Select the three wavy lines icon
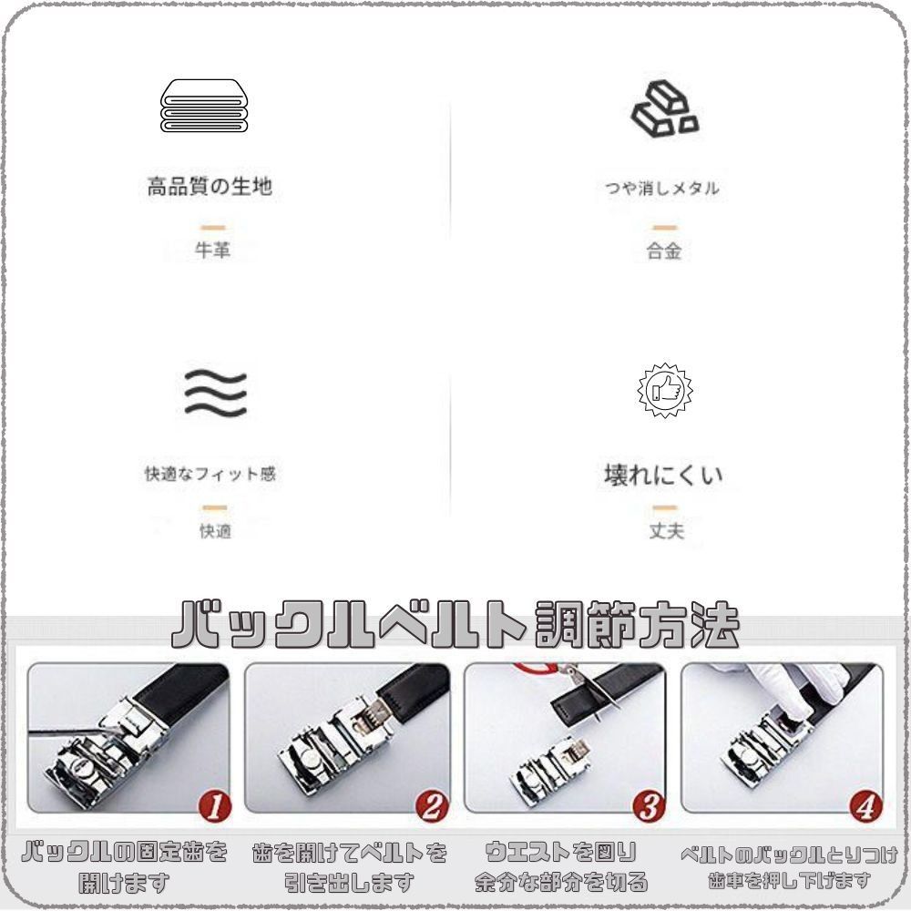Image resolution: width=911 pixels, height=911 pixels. pyautogui.click(x=215, y=393)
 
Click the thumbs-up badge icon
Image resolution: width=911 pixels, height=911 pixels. pyautogui.click(x=664, y=390)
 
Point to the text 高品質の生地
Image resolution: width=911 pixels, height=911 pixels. pyautogui.click(x=210, y=187)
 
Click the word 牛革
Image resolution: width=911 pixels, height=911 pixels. pyautogui.click(x=212, y=251)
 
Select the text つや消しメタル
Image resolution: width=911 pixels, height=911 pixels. pyautogui.click(x=662, y=189)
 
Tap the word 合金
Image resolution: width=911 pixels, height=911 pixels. pyautogui.click(x=664, y=252)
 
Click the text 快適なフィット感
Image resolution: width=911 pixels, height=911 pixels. pyautogui.click(x=210, y=475)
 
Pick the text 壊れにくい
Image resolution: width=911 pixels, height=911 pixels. pyautogui.click(x=663, y=475)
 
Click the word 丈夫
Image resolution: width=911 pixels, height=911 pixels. pyautogui.click(x=666, y=531)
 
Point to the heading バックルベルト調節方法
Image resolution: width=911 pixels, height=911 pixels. pyautogui.click(x=455, y=625)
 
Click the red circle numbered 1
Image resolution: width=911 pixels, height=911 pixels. pyautogui.click(x=214, y=805)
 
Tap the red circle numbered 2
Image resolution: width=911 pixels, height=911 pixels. pyautogui.click(x=433, y=805)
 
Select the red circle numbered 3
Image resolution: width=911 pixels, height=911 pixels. pyautogui.click(x=649, y=805)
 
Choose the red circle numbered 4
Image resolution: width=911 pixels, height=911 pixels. pyautogui.click(x=865, y=805)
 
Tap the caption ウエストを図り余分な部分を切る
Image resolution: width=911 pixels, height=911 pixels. pyautogui.click(x=562, y=867)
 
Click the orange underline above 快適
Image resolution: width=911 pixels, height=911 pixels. pyautogui.click(x=215, y=507)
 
